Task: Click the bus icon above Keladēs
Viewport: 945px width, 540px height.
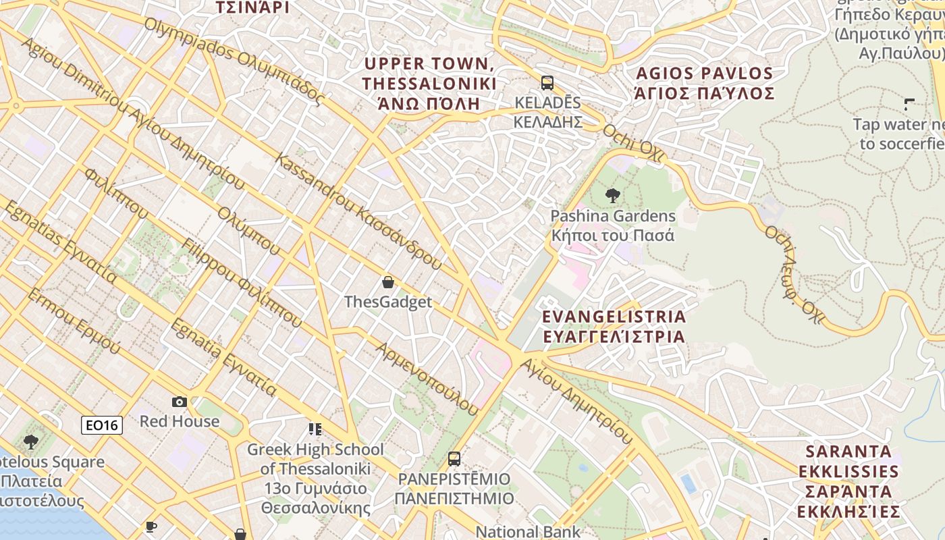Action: tap(547, 83)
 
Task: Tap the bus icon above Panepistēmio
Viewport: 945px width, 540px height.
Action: tap(454, 459)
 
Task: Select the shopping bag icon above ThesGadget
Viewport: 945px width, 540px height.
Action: tap(388, 282)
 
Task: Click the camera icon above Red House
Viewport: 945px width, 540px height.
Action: tap(180, 402)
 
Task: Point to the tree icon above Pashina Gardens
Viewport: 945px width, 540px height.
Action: tap(613, 196)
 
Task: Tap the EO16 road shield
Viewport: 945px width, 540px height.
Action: tap(102, 425)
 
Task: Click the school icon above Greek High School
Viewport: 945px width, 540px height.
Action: tap(315, 429)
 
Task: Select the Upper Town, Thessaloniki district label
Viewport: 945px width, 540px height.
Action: tap(429, 84)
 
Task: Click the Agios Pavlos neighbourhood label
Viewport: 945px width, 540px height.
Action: tap(704, 83)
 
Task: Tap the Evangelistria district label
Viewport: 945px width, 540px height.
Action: tap(614, 326)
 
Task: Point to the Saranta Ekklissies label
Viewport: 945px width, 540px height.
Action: tap(848, 481)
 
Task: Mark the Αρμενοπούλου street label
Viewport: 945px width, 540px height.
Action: tap(427, 379)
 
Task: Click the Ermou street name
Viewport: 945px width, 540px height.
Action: tap(74, 322)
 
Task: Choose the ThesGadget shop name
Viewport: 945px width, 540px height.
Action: tap(388, 302)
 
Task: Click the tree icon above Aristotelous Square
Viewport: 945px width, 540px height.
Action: tap(30, 442)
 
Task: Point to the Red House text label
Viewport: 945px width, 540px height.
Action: tap(180, 421)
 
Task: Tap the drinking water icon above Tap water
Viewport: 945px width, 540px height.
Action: tap(909, 105)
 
